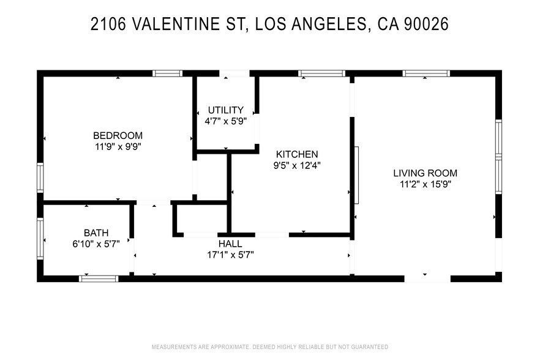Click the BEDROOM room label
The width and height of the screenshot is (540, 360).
tap(118, 135)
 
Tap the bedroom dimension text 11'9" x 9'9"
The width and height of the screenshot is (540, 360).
tap(118, 146)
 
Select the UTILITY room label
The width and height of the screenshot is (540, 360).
tap(225, 110)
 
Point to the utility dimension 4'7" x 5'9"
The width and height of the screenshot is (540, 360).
tap(225, 121)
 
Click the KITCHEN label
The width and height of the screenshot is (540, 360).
tap(297, 154)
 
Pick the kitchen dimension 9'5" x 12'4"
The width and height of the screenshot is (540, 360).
tap(297, 165)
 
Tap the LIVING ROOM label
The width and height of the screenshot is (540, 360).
tap(425, 173)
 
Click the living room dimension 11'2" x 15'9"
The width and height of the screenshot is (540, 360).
tap(425, 184)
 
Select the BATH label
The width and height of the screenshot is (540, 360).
tap(96, 233)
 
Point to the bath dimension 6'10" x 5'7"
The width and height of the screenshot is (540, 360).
tap(96, 243)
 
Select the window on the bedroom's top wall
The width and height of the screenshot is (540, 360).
tap(167, 73)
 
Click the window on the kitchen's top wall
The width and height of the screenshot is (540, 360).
tap(321, 73)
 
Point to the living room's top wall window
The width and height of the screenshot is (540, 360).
tap(426, 73)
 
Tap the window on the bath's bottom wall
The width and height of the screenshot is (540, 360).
tap(99, 279)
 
